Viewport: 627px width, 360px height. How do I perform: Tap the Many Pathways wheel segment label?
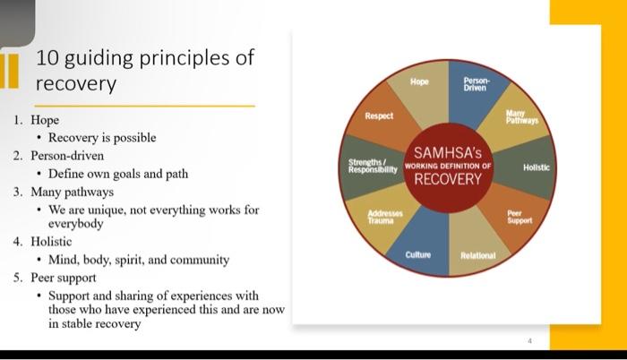click(x=522, y=116)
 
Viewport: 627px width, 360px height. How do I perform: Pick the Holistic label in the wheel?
click(x=537, y=167)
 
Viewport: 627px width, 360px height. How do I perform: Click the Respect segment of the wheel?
click(x=379, y=116)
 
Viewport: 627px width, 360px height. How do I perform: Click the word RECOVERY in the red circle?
click(x=448, y=179)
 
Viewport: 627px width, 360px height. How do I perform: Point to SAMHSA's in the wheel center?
click(x=448, y=152)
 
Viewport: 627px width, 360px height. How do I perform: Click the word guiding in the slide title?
click(x=99, y=58)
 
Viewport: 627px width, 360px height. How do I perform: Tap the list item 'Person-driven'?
click(x=67, y=156)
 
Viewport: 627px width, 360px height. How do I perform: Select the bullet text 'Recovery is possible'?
click(x=102, y=138)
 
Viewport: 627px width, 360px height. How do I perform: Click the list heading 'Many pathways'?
click(x=72, y=192)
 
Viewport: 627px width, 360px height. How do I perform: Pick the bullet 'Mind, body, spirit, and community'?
click(x=139, y=260)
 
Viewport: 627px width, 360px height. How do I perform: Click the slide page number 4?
click(x=530, y=341)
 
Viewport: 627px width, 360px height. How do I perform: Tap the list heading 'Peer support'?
click(x=64, y=278)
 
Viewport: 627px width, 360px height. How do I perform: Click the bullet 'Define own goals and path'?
click(x=118, y=174)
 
